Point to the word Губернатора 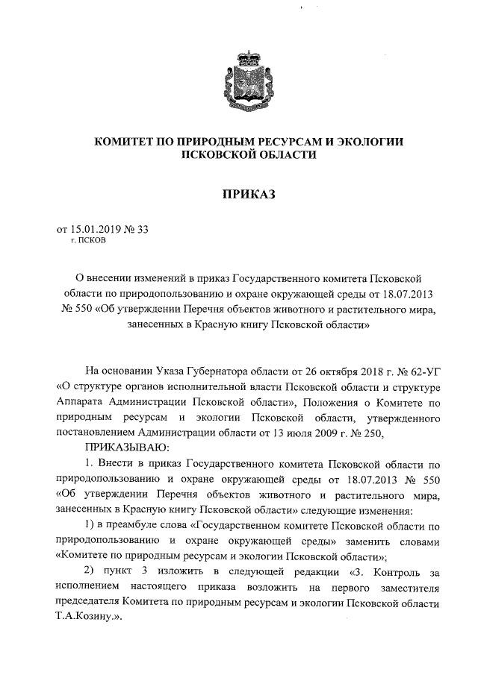(x=222, y=369)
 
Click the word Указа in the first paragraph (x=171, y=369)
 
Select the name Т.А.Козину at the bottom (x=87, y=619)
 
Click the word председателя (x=93, y=603)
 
